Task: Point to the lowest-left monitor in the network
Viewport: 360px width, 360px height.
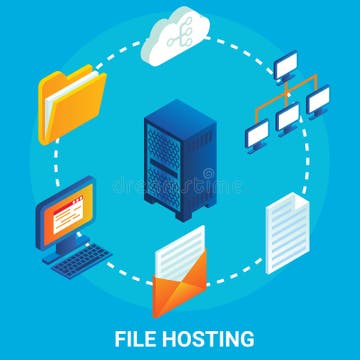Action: [x=257, y=134]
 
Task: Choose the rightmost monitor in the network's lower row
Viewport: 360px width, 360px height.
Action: [x=318, y=100]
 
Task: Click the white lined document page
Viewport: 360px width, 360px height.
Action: [x=287, y=236]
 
